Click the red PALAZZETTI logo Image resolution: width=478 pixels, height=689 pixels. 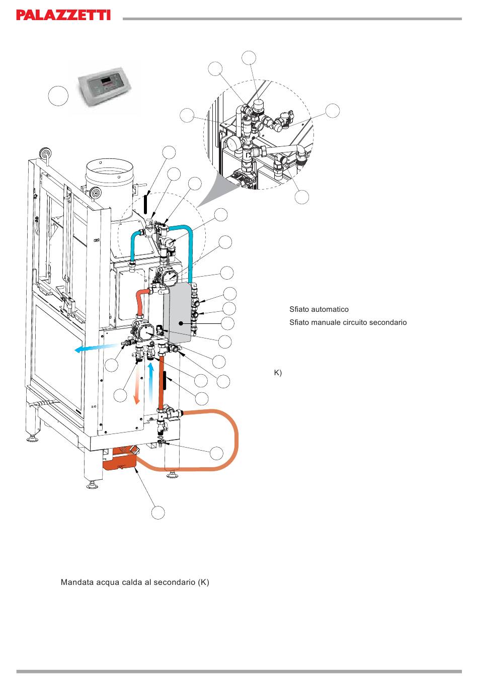coord(63,15)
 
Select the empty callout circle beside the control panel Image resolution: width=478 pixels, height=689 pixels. coord(58,96)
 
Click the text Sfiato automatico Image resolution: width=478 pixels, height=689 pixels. coord(319,309)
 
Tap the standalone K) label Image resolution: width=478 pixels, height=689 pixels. coord(278,373)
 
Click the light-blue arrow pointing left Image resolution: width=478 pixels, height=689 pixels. coord(96,348)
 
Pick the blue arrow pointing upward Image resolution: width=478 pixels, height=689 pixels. coord(150,383)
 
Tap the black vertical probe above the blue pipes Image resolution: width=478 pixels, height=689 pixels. coord(145,203)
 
